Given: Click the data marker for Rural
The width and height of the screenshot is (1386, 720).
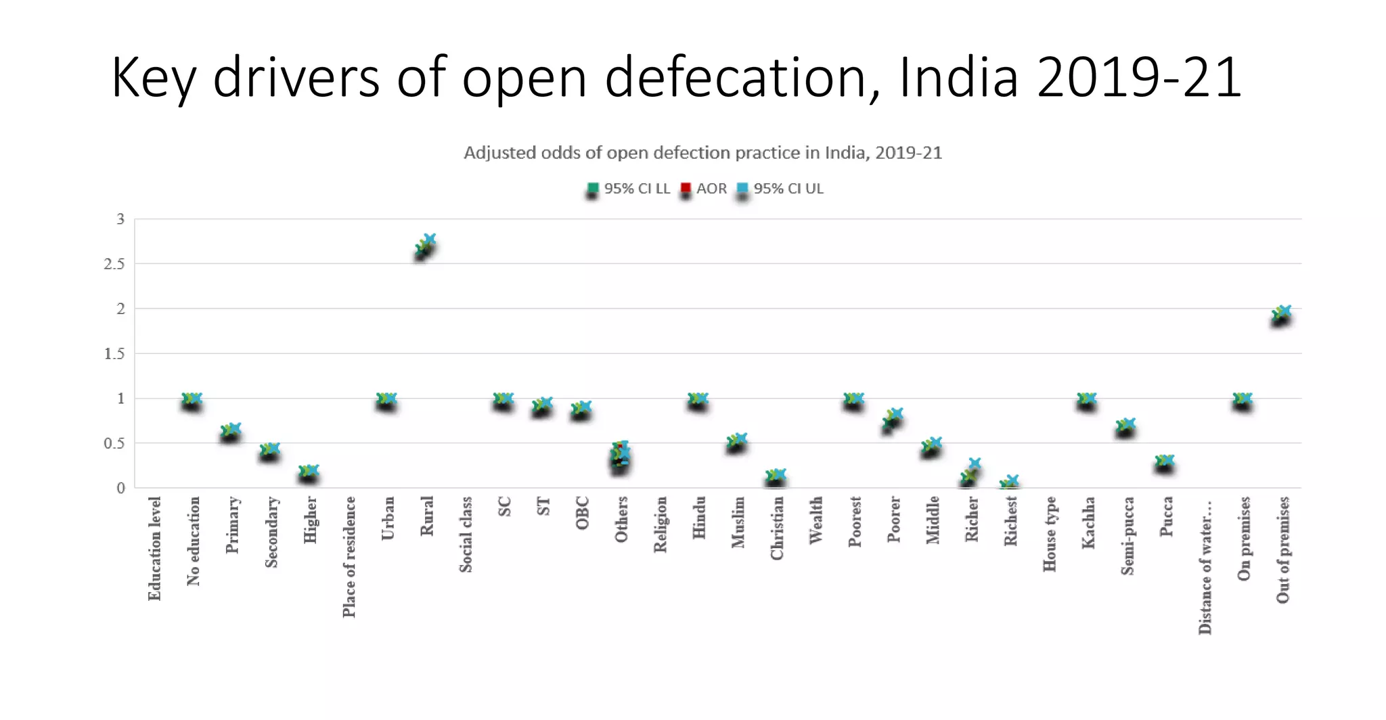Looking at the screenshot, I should [x=426, y=246].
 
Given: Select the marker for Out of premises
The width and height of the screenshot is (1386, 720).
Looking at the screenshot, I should [x=1281, y=314].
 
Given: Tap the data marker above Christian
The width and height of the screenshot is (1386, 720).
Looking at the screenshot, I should [x=776, y=476].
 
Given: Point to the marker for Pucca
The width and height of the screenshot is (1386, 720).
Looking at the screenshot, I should [x=1165, y=462].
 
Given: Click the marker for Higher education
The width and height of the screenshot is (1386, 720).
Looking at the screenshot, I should [x=309, y=472].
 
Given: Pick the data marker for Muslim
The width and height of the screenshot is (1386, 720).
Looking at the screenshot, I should [x=737, y=441].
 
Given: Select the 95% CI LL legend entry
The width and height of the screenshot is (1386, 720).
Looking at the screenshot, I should [x=629, y=189].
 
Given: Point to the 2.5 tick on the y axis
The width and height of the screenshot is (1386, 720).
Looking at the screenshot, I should [x=114, y=264].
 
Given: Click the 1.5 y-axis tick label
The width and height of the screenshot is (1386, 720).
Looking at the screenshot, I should [x=114, y=354].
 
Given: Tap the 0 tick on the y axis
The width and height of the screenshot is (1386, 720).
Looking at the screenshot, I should [x=120, y=488].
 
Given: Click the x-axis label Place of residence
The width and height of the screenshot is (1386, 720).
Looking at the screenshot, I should [x=349, y=557].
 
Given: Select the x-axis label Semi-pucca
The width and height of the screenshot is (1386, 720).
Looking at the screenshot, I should [x=1127, y=536].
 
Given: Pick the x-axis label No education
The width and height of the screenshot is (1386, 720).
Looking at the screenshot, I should [x=194, y=541].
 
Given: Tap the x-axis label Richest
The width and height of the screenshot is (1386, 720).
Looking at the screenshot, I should [x=1010, y=521].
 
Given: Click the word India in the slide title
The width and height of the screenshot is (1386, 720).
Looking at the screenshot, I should [x=958, y=78].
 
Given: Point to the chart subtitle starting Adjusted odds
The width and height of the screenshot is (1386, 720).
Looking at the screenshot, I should [x=702, y=153].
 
